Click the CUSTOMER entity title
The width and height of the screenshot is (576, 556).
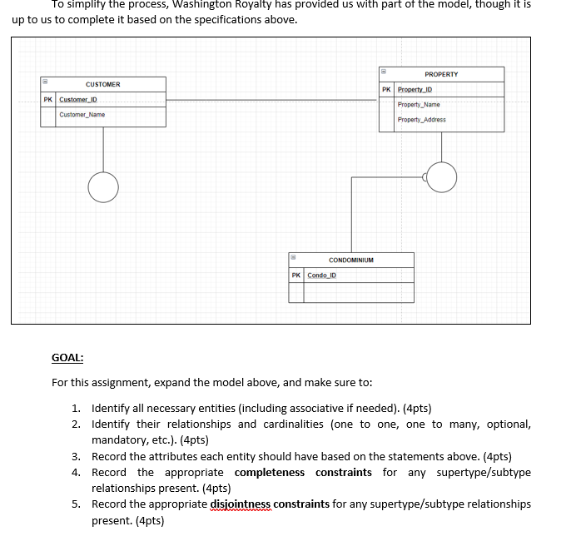102,84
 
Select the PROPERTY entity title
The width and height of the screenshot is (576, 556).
441,74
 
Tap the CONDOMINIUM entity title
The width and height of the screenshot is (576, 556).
350,260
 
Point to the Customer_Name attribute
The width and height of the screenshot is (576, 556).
82,115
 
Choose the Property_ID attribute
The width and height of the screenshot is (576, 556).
415,90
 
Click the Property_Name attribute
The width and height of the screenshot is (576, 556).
419,105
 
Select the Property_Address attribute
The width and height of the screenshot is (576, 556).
421,120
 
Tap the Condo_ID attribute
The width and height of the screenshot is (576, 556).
321,276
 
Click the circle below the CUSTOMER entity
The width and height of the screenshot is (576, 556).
103,187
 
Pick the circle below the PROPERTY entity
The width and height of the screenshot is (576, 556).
441,176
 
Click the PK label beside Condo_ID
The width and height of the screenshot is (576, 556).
296,276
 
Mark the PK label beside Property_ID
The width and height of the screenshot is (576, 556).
386,90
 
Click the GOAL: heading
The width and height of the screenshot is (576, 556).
67,358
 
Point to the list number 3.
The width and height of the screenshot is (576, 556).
76,456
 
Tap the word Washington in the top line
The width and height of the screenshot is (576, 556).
198,4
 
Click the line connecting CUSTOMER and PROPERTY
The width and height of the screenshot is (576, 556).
272,101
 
